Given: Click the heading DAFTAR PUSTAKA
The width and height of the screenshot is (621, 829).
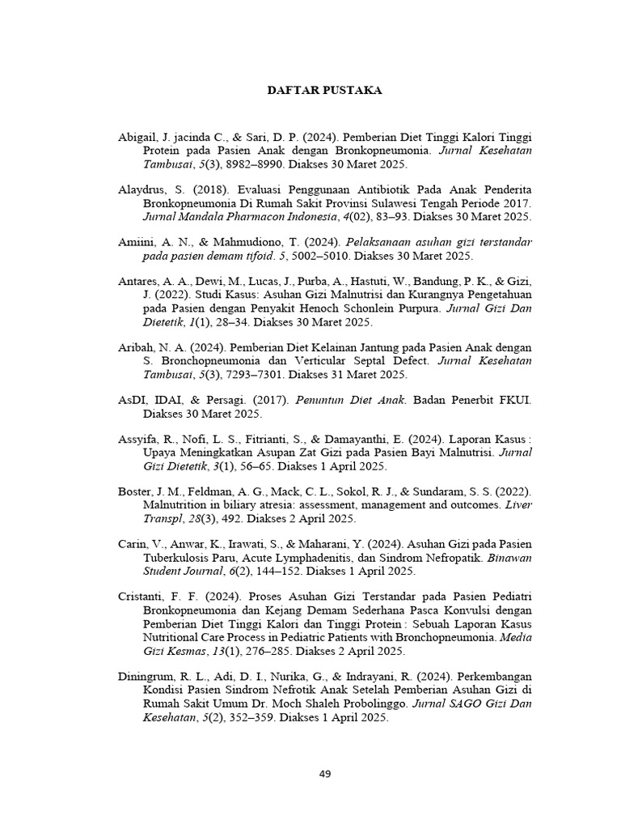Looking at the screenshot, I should (x=324, y=91).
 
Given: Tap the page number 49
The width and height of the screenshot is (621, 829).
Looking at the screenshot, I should (x=325, y=774).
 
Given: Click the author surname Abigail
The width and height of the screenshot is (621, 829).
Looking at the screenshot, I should (x=137, y=138).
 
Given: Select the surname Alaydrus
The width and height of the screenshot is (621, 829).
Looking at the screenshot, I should (x=140, y=189).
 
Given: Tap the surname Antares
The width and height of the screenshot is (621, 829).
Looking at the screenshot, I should (x=137, y=280).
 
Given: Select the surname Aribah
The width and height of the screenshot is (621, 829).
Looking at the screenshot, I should (x=135, y=346).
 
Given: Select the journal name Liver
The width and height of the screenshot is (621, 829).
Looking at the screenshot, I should (x=517, y=505).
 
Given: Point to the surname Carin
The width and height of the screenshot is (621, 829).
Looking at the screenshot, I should (x=132, y=543).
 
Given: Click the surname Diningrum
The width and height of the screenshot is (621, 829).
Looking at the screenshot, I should (x=146, y=675).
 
